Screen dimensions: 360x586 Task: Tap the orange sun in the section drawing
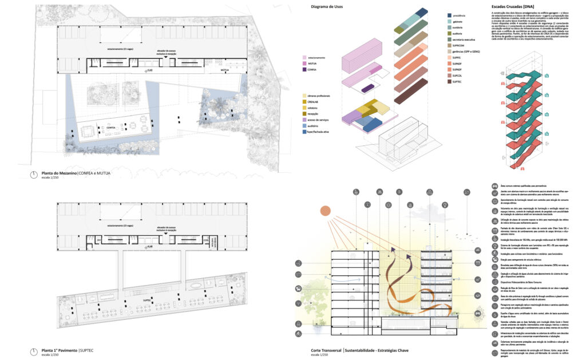pos(326,211)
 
